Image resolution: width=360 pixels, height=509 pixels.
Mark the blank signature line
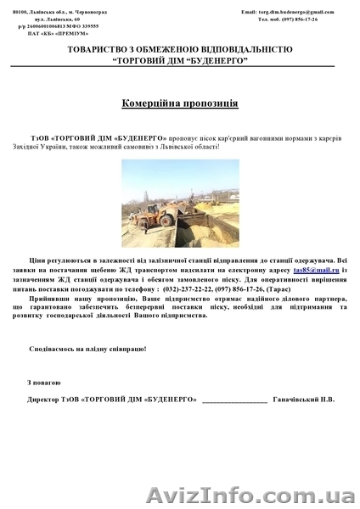click(235, 399)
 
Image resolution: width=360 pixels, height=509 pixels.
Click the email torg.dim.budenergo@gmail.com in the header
click(288, 12)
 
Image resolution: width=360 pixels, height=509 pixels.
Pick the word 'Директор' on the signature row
click(46, 398)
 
